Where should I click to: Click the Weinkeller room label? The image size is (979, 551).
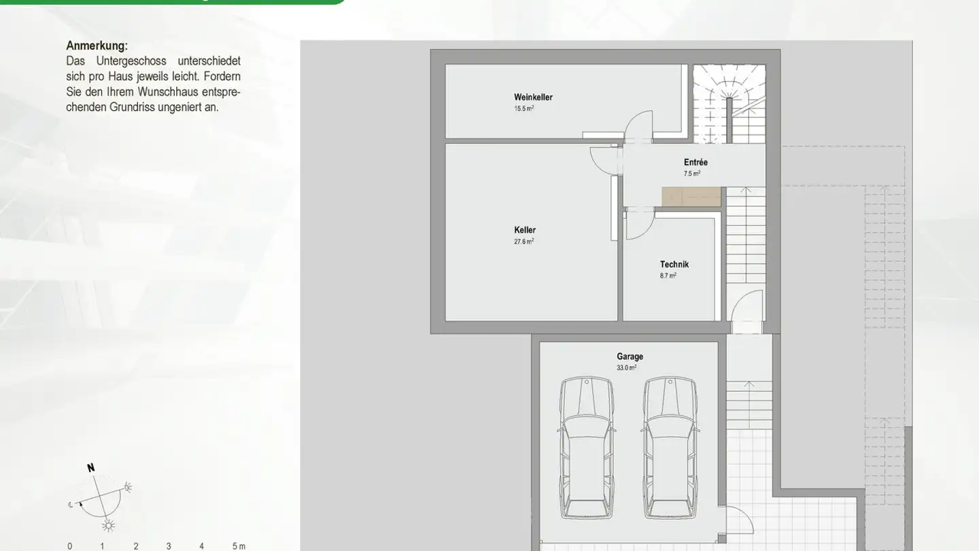pyautogui.click(x=533, y=97)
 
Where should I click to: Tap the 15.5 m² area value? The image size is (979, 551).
pyautogui.click(x=523, y=109)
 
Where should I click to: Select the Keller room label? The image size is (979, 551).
pyautogui.click(x=525, y=230)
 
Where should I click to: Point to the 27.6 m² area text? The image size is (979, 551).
pyautogui.click(x=523, y=241)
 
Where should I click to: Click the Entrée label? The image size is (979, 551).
pyautogui.click(x=695, y=163)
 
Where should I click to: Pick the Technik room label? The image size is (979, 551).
pyautogui.click(x=674, y=265)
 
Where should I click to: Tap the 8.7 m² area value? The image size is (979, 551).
pyautogui.click(x=668, y=276)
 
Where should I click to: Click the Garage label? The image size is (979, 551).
pyautogui.click(x=630, y=356)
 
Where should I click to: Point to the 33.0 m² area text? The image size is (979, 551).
pyautogui.click(x=626, y=368)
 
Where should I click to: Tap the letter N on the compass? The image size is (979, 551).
pyautogui.click(x=90, y=468)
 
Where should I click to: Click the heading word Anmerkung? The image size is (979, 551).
pyautogui.click(x=97, y=46)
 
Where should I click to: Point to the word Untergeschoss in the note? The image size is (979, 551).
pyautogui.click(x=132, y=61)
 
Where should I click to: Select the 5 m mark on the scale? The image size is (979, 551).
pyautogui.click(x=238, y=546)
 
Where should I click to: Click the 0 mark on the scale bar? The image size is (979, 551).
pyautogui.click(x=69, y=546)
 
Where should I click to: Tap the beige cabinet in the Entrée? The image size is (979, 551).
pyautogui.click(x=691, y=197)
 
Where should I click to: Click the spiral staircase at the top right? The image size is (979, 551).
pyautogui.click(x=729, y=102)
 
